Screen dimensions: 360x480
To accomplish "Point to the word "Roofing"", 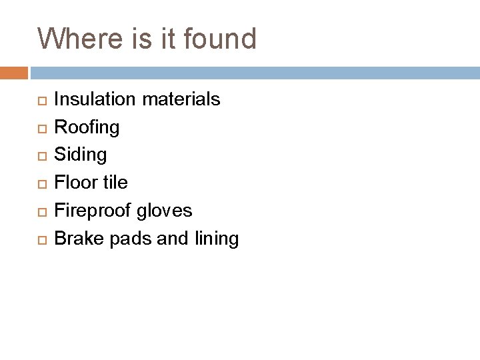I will [87, 127].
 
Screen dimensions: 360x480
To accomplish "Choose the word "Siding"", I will [80, 155].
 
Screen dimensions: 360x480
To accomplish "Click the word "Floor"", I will [75, 183].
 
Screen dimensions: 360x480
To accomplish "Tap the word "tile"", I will [114, 183].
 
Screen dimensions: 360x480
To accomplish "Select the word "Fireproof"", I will [94, 211].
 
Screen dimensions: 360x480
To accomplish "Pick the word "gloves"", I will [166, 211].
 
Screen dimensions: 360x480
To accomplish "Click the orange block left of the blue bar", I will [14, 72].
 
